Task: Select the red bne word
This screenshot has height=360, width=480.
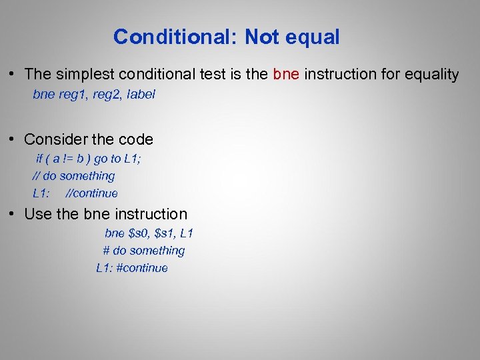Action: [x=286, y=74]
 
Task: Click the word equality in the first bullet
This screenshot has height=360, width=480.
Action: [x=429, y=75]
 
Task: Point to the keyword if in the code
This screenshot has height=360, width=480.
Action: [x=39, y=159]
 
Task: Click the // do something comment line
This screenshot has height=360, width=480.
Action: [x=73, y=176]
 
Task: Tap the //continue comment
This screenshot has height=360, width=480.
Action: [x=92, y=193]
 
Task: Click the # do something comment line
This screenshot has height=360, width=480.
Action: [x=143, y=251]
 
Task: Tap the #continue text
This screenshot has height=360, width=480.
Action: [x=142, y=268]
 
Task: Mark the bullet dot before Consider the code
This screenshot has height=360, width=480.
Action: [x=13, y=139]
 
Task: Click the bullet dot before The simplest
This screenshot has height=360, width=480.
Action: [x=13, y=74]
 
